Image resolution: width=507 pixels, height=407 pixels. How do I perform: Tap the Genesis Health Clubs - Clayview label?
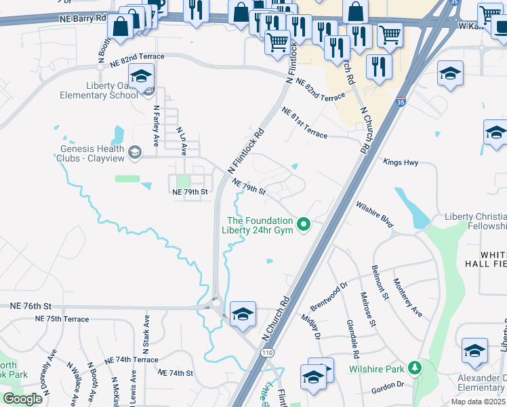[x=92, y=154]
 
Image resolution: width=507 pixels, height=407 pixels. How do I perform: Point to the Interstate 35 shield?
[x=401, y=102]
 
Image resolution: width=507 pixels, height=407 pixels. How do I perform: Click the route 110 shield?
[x=268, y=353]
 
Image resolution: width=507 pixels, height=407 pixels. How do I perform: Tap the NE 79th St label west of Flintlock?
[x=189, y=193]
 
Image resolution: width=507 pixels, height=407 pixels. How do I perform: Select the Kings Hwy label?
[x=400, y=163]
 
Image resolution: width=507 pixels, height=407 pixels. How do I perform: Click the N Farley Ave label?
[x=156, y=125]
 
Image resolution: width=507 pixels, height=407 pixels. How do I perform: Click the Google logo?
[x=23, y=399]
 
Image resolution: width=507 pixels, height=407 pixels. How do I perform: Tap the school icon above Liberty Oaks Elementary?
[x=141, y=77]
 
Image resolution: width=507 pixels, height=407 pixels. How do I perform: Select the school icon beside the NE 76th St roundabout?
[x=243, y=314]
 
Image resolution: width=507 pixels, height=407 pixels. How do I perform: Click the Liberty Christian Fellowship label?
[x=475, y=221]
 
